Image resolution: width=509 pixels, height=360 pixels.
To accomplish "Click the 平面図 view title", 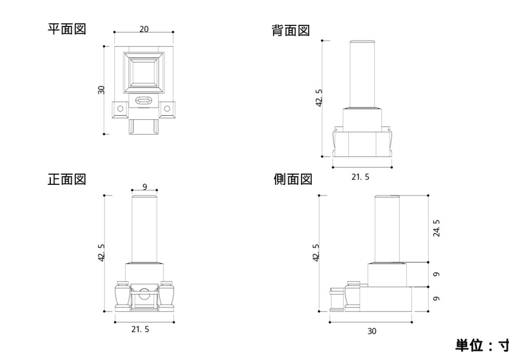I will point(67,29).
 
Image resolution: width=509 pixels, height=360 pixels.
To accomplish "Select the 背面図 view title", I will point(291,31).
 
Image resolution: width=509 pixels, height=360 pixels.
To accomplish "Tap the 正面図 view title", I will point(67,180).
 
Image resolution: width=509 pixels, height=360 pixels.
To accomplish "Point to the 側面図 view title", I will point(292,180).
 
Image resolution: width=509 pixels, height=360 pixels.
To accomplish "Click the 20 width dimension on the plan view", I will point(144,29).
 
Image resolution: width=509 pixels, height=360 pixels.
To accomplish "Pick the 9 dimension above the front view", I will point(145,186).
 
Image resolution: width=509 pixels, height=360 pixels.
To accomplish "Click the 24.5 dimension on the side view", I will point(437,228).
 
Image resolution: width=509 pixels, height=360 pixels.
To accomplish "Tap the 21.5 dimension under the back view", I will point(360,177).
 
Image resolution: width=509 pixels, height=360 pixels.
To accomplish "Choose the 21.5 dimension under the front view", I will point(141,329).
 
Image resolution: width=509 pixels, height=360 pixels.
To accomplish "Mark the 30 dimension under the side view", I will point(372,331).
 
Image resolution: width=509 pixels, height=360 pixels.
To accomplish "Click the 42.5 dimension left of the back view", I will point(319,98).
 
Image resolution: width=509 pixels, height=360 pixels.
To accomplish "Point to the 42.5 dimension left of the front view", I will point(102,252).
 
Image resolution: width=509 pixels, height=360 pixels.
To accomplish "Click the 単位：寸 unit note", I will point(481,345).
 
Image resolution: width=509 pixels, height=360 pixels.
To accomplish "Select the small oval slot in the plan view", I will point(144,101).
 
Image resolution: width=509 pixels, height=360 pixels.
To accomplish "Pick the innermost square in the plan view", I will point(144,72).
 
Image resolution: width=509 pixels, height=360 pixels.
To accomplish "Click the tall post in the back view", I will point(363,74).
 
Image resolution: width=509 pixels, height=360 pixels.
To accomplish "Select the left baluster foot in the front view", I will point(120,295).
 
